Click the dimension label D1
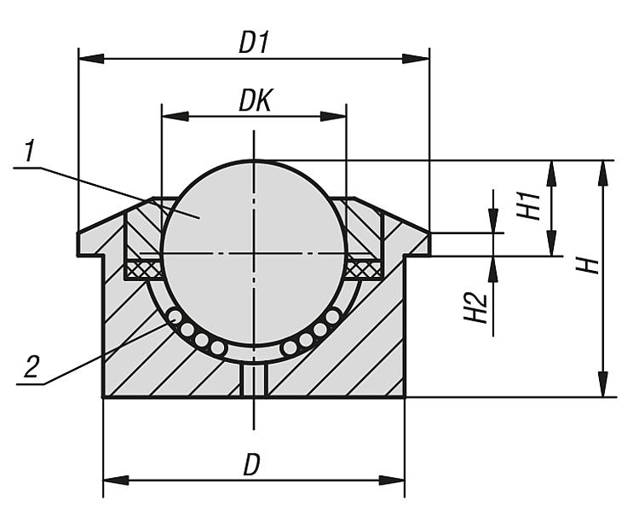(x=253, y=43)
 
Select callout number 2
(x=32, y=367)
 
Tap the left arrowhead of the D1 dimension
(x=90, y=59)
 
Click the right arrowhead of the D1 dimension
(x=417, y=59)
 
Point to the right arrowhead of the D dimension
(x=393, y=480)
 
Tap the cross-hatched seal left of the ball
(x=142, y=269)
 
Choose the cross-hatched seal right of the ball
(x=365, y=269)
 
